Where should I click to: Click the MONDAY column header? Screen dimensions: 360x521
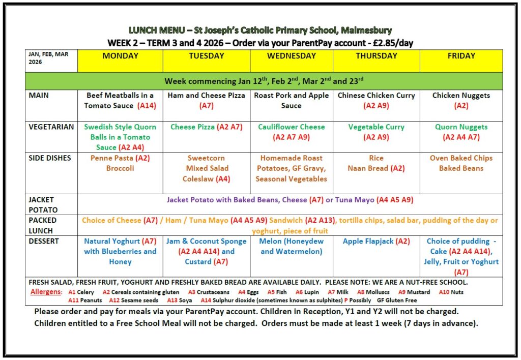coord(120,56)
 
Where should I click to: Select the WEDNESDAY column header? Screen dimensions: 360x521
coord(292,56)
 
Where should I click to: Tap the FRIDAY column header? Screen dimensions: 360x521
coord(461,56)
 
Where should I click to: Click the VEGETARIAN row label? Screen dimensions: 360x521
coord(51,127)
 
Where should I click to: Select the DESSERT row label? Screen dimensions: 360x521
coord(44,241)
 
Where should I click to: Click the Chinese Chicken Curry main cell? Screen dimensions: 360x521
coord(376,100)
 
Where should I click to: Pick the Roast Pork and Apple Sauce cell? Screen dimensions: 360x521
coord(291,100)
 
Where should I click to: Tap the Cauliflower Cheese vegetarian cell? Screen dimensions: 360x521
coord(291,132)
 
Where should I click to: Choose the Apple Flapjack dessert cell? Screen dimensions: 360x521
coord(376,241)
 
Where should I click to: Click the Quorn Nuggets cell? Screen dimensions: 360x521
coord(461,132)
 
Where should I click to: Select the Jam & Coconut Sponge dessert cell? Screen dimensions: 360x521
coord(206,251)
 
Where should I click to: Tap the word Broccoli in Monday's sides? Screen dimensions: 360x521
coord(120,168)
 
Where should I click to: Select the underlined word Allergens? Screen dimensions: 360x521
coord(47,292)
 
